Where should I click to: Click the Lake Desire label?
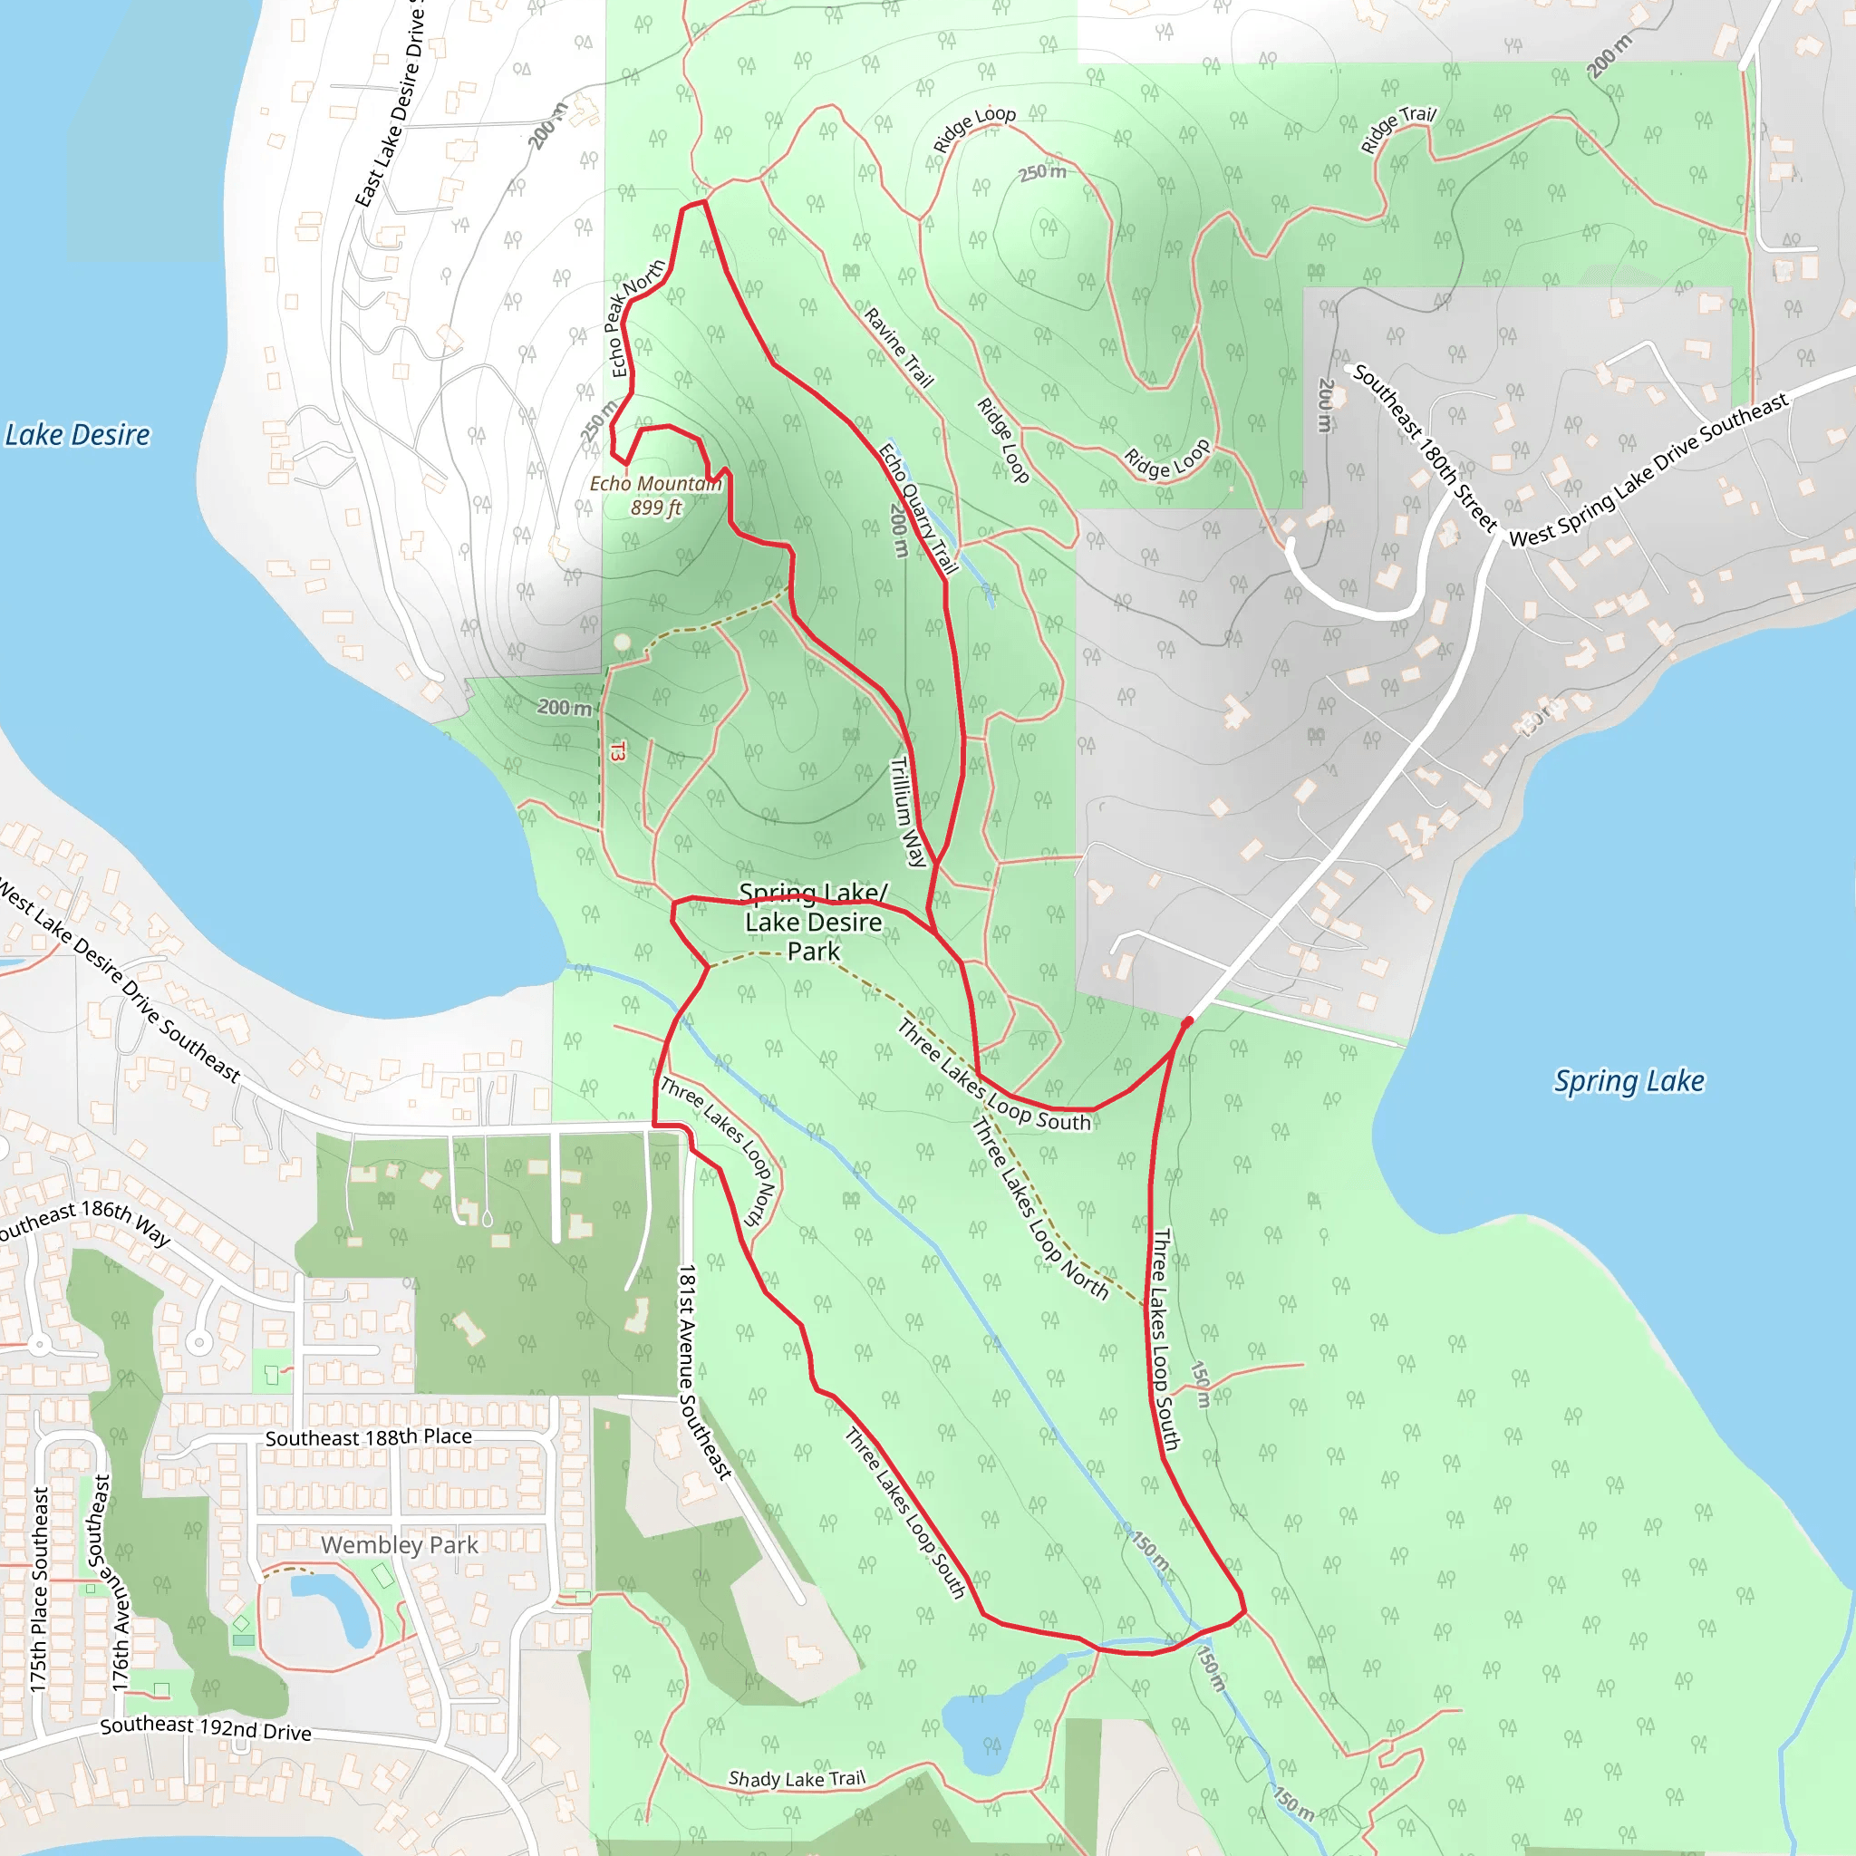point(78,435)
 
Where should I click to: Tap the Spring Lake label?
point(1629,1081)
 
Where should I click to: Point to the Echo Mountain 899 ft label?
point(655,496)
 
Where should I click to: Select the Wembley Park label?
point(399,1545)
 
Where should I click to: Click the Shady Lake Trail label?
point(797,1778)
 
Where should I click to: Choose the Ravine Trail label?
point(898,347)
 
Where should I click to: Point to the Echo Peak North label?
point(634,317)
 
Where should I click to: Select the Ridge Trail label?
point(1397,129)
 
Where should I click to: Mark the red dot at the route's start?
point(1187,1022)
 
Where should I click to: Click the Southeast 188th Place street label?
point(368,1437)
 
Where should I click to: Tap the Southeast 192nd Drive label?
point(206,1727)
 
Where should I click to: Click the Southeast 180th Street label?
point(1425,448)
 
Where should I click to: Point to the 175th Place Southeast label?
point(39,1590)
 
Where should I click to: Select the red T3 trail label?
point(618,751)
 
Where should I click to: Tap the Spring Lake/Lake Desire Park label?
point(813,923)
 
